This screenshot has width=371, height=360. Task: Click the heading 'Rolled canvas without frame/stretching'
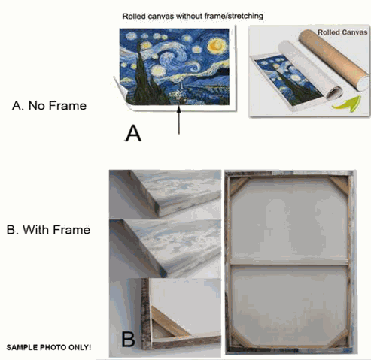(193, 17)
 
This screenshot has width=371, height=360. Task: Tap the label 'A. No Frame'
(49, 106)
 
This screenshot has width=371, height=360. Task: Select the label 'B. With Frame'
(48, 230)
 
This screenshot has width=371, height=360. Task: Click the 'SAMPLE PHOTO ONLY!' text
(49, 347)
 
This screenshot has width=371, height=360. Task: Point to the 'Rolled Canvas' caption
(342, 32)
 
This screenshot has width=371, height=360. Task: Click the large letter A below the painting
(133, 134)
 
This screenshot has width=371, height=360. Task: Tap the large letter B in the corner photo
(128, 339)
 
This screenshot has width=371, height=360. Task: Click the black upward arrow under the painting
(179, 119)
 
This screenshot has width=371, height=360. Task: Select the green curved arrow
(347, 104)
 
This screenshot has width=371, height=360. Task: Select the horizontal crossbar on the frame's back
(289, 262)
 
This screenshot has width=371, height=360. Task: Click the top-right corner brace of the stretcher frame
(339, 184)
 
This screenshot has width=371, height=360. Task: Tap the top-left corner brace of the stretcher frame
(239, 186)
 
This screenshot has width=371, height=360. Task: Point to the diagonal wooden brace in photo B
(169, 322)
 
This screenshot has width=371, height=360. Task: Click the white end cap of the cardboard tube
(363, 83)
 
